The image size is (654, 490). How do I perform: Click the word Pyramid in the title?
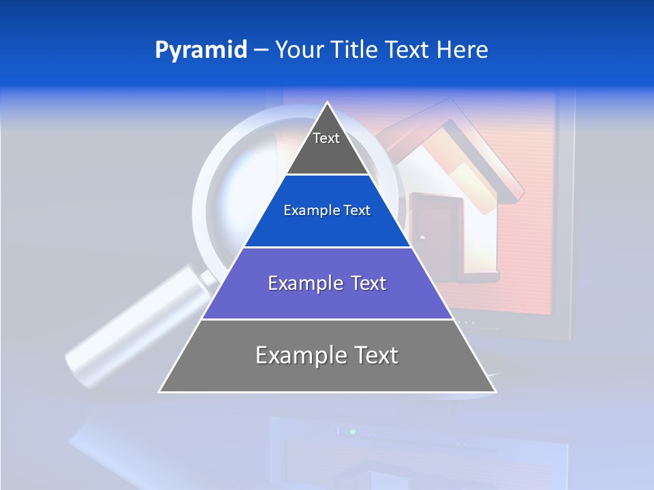coord(201,50)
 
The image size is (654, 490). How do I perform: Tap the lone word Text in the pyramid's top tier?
coord(326,138)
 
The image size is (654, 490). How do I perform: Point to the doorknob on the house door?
coord(422,238)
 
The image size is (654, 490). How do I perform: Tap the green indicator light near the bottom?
coord(352,431)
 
